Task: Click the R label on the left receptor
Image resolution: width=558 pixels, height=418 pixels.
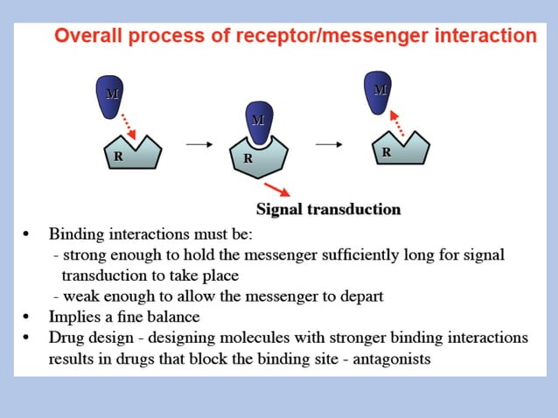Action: click(x=117, y=157)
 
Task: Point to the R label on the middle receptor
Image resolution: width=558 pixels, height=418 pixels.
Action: click(x=248, y=158)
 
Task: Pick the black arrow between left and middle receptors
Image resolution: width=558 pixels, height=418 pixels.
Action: click(x=199, y=145)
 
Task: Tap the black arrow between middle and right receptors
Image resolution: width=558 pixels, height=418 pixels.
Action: click(x=327, y=145)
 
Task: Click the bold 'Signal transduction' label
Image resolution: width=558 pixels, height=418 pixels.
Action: click(x=328, y=209)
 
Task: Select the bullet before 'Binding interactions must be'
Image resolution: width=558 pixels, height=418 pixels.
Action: click(x=28, y=235)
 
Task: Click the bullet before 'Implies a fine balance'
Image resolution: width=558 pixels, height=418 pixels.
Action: click(x=28, y=317)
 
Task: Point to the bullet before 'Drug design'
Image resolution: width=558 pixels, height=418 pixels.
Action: click(x=28, y=338)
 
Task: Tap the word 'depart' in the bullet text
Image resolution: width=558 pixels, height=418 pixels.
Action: click(x=360, y=296)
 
